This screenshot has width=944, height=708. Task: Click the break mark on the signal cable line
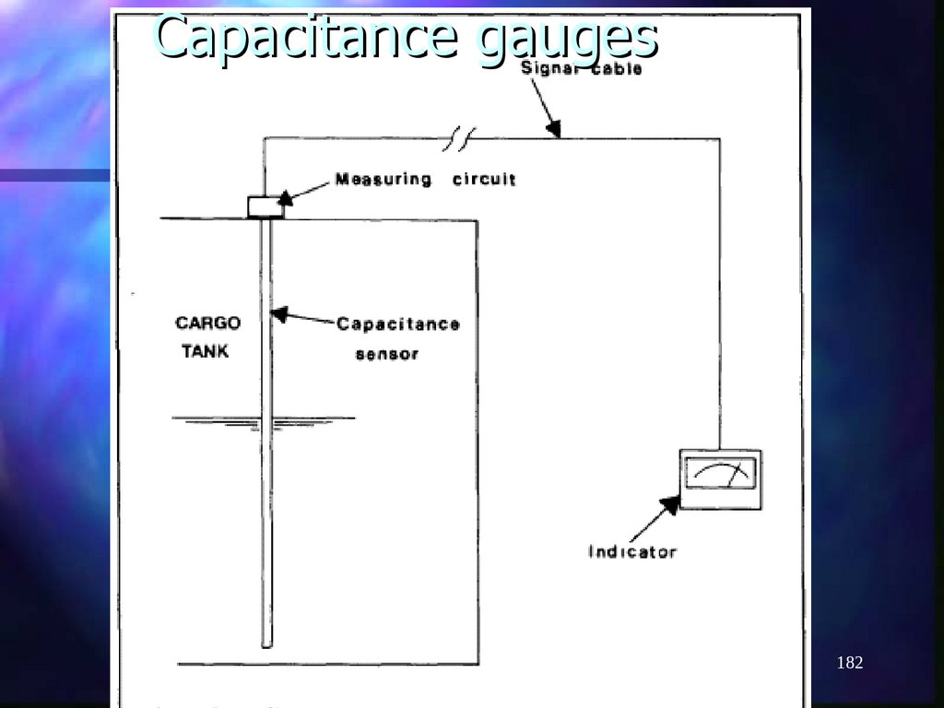click(x=458, y=139)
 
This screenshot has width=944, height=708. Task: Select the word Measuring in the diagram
click(x=383, y=179)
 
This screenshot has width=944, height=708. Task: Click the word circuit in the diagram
click(x=484, y=179)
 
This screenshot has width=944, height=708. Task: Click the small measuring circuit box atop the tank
click(x=265, y=206)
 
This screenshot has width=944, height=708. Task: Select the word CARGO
click(x=207, y=323)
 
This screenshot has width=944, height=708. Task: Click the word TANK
click(x=205, y=351)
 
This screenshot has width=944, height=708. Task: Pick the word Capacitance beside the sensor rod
click(x=397, y=324)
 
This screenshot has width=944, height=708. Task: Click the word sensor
click(x=387, y=354)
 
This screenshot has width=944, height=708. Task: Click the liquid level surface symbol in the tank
click(x=264, y=421)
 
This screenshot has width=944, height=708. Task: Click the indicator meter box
click(x=720, y=479)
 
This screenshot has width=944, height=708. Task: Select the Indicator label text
click(x=632, y=552)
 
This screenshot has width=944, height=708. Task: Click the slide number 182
click(x=849, y=663)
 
